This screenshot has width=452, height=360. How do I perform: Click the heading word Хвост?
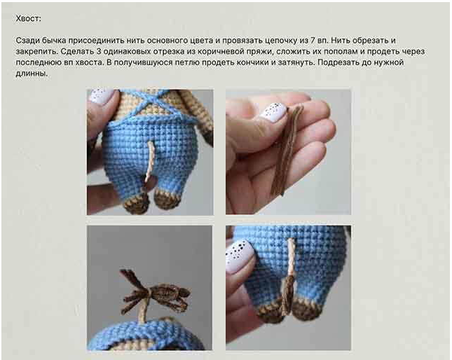[28, 19]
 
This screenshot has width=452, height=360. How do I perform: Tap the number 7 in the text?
[313, 41]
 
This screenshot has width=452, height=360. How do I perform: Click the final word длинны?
[32, 74]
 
